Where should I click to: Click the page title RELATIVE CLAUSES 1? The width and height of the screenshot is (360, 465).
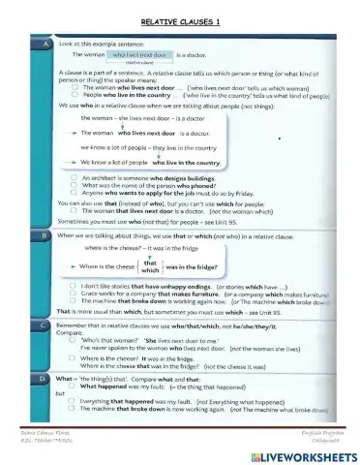pos(180,20)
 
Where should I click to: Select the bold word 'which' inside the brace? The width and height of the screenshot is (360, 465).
pos(150,271)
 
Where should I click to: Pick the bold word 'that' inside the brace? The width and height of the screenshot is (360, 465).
pos(150,262)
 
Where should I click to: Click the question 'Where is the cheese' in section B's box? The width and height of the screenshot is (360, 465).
pos(107,265)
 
